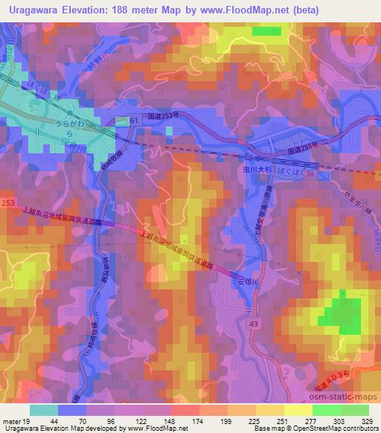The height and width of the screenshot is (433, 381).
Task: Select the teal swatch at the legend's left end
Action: (43, 409)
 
